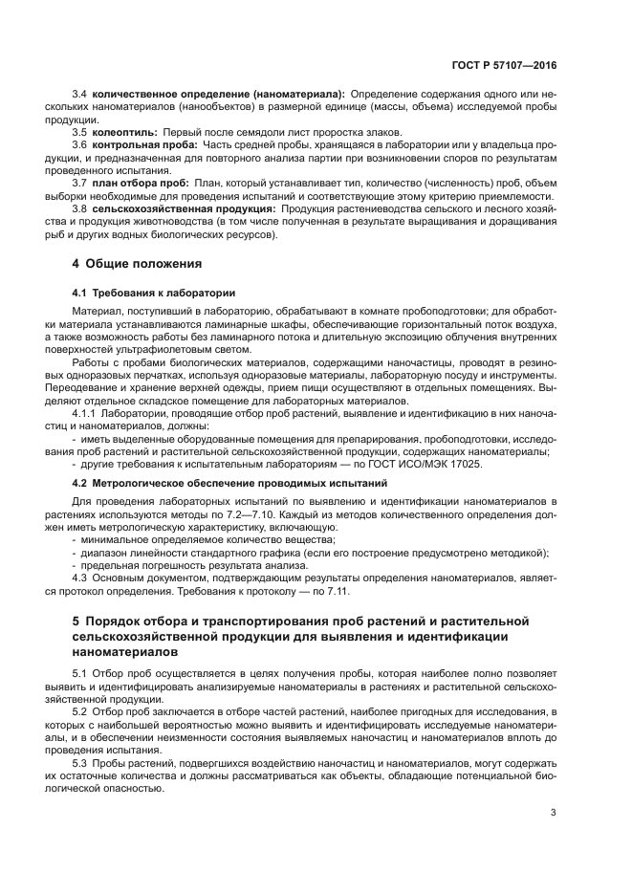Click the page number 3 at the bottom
[553, 814]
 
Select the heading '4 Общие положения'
[140, 262]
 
